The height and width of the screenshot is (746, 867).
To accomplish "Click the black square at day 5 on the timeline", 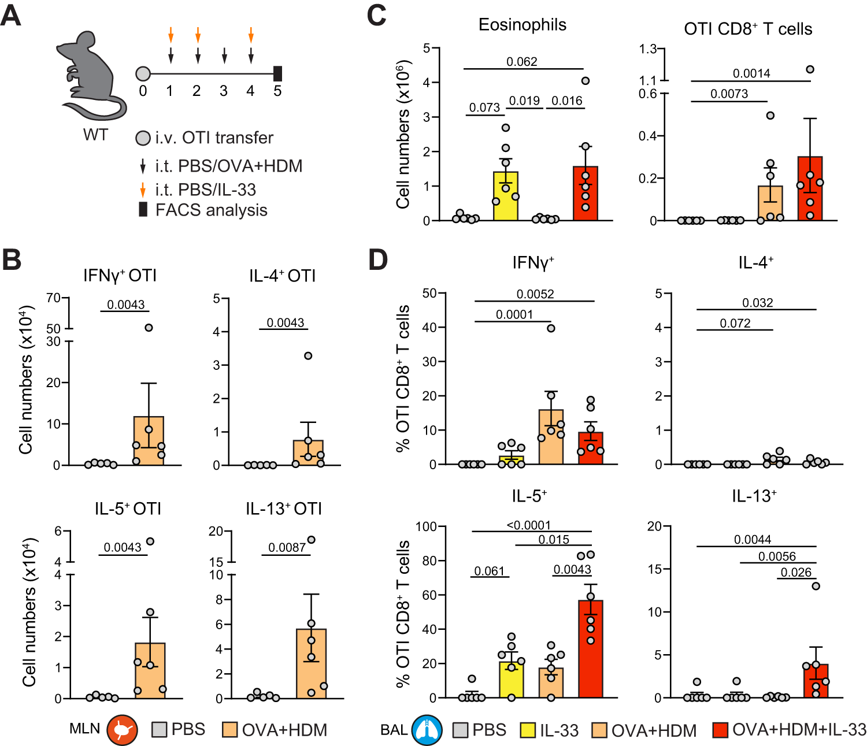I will tap(277, 73).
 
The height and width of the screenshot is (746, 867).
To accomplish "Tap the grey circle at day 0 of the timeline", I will tap(143, 74).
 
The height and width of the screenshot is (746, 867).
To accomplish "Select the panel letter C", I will tap(377, 15).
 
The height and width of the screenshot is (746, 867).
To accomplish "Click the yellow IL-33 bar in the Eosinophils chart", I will tap(506, 196).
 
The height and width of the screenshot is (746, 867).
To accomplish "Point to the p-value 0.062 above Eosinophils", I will tap(521, 62).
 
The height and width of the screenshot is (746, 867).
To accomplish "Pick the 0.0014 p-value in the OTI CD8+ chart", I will tap(751, 73).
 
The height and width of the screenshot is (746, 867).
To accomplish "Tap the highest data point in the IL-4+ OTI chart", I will tap(308, 356).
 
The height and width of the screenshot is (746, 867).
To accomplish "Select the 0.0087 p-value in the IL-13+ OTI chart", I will tap(287, 547).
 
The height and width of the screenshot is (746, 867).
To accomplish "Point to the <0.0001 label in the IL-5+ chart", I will tap(529, 525).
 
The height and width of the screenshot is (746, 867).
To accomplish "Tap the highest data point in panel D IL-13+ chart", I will tap(816, 586).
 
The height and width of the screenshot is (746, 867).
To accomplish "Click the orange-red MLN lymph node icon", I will tap(122, 730).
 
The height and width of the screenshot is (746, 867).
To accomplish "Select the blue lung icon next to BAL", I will tap(427, 730).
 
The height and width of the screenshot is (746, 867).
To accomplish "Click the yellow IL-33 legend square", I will tap(528, 730).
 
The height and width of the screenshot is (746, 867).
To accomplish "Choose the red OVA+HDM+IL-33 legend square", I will tap(720, 730).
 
